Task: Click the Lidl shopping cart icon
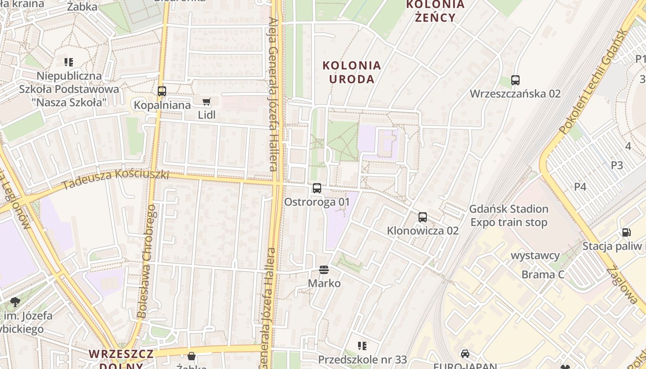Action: tap(206, 101)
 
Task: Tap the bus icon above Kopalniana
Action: tap(161, 91)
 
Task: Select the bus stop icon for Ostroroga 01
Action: tap(317, 188)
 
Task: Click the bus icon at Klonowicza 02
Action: tap(423, 217)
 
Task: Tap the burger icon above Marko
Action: tap(324, 270)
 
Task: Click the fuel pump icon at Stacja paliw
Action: tap(626, 233)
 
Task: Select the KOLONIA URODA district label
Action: tap(352, 72)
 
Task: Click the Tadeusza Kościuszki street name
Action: tap(115, 179)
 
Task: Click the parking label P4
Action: tap(580, 187)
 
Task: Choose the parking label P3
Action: tap(617, 165)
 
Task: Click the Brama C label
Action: tap(543, 275)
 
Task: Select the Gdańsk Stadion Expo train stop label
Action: tap(508, 216)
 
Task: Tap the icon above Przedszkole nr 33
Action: tap(362, 346)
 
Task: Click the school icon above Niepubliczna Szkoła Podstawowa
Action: tap(69, 62)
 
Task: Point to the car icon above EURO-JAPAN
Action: tap(465, 354)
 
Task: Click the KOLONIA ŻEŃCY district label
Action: tap(435, 11)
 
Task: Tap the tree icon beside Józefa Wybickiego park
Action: tap(15, 303)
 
